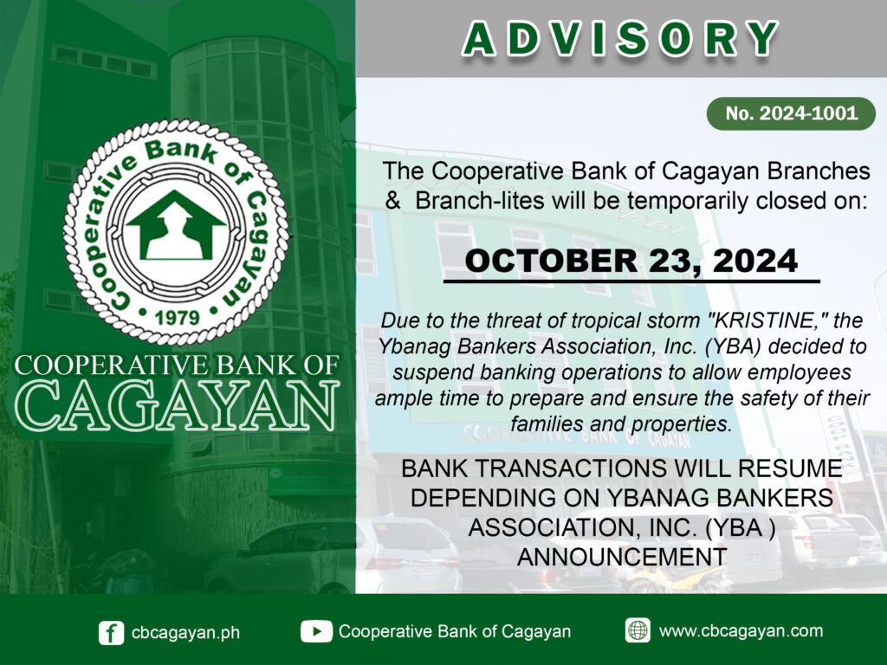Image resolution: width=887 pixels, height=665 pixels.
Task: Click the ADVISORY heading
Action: [x=620, y=39]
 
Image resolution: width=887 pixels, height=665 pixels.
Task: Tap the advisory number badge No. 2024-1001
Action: [x=791, y=113]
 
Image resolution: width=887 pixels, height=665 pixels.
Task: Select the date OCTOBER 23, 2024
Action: [x=631, y=261]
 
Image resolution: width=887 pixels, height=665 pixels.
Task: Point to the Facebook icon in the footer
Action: [x=111, y=633]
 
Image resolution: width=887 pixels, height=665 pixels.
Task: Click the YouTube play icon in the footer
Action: [x=316, y=631]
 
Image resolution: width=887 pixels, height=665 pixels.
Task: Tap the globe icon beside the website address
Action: [x=638, y=630]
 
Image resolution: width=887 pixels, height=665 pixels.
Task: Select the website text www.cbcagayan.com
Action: [x=741, y=630]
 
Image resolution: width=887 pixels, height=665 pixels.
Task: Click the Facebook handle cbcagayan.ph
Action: [x=185, y=632]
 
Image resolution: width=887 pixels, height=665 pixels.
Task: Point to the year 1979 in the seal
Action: [x=178, y=317]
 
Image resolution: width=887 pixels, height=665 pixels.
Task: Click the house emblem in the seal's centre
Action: [x=176, y=225]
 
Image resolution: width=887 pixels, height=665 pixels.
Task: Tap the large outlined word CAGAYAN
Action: [x=177, y=405]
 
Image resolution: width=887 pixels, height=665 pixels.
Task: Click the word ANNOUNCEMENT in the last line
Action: [x=622, y=557]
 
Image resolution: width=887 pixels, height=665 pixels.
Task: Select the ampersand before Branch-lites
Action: [x=392, y=200]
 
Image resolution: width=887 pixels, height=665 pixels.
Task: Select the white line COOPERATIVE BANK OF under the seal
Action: [x=177, y=365]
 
